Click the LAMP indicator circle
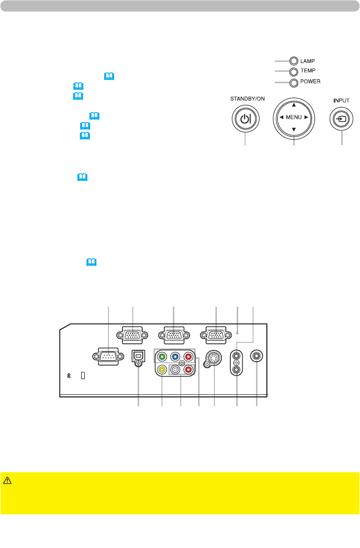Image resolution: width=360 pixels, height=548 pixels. click(x=294, y=61)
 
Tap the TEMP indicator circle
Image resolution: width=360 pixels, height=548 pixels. click(x=294, y=72)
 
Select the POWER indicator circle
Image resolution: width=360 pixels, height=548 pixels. click(x=294, y=82)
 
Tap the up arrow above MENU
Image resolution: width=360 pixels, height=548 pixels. click(x=294, y=105)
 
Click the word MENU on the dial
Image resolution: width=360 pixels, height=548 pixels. click(x=294, y=117)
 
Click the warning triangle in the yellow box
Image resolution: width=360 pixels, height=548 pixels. click(x=7, y=480)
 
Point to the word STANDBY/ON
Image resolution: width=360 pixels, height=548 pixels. click(x=248, y=99)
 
